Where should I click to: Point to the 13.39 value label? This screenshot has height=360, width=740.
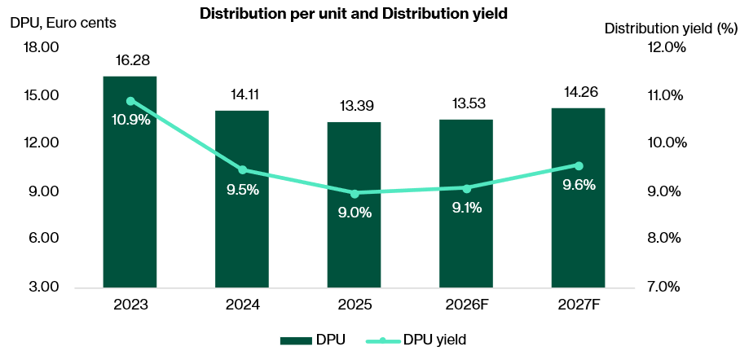click(x=355, y=107)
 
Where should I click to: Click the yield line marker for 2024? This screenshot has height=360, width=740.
click(x=242, y=170)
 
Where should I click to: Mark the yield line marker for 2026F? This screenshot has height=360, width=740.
click(x=466, y=188)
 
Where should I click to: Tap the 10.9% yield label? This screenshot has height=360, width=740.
click(x=131, y=120)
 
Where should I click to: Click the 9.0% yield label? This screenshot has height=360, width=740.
click(x=355, y=213)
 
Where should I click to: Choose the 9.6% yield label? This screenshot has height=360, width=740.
click(x=579, y=185)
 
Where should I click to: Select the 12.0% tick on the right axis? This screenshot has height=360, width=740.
click(x=667, y=47)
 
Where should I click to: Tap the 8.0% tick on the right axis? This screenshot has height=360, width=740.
click(x=667, y=239)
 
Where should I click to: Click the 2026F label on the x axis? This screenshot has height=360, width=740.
click(x=466, y=305)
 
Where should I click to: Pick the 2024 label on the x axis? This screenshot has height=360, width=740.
click(x=242, y=305)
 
